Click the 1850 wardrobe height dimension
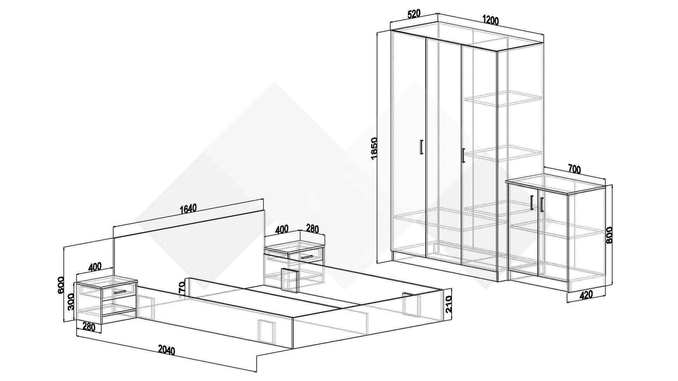coord(375,148)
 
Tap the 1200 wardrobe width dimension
coord(490,20)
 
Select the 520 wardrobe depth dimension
coord(414,14)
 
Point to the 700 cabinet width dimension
coord(574,169)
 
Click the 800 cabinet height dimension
coord(609,235)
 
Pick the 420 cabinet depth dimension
coord(586,295)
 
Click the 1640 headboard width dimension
coord(188,209)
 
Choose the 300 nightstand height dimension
coord(71,302)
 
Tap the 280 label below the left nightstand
coord(89,327)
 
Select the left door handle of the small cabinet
coord(531,202)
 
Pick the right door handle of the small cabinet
coord(541,205)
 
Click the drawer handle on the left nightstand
coord(120,292)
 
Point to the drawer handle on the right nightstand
coord(307,257)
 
